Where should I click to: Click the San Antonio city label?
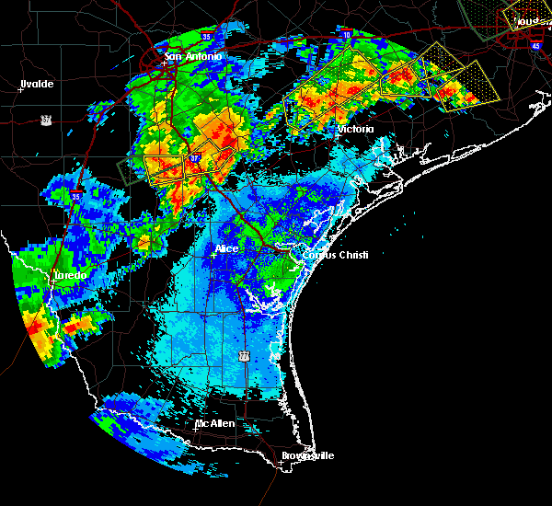click(x=192, y=57)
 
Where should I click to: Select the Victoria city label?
click(x=355, y=130)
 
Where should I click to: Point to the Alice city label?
click(x=225, y=248)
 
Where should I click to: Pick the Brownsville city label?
click(x=307, y=455)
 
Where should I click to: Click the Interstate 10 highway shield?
click(x=346, y=34)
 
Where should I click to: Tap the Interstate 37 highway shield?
click(x=195, y=158)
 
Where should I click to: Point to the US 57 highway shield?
click(x=45, y=119)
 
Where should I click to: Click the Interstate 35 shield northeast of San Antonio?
click(x=207, y=36)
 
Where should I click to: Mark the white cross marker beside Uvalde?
click(x=19, y=89)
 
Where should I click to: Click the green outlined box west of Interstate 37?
click(x=130, y=171)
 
